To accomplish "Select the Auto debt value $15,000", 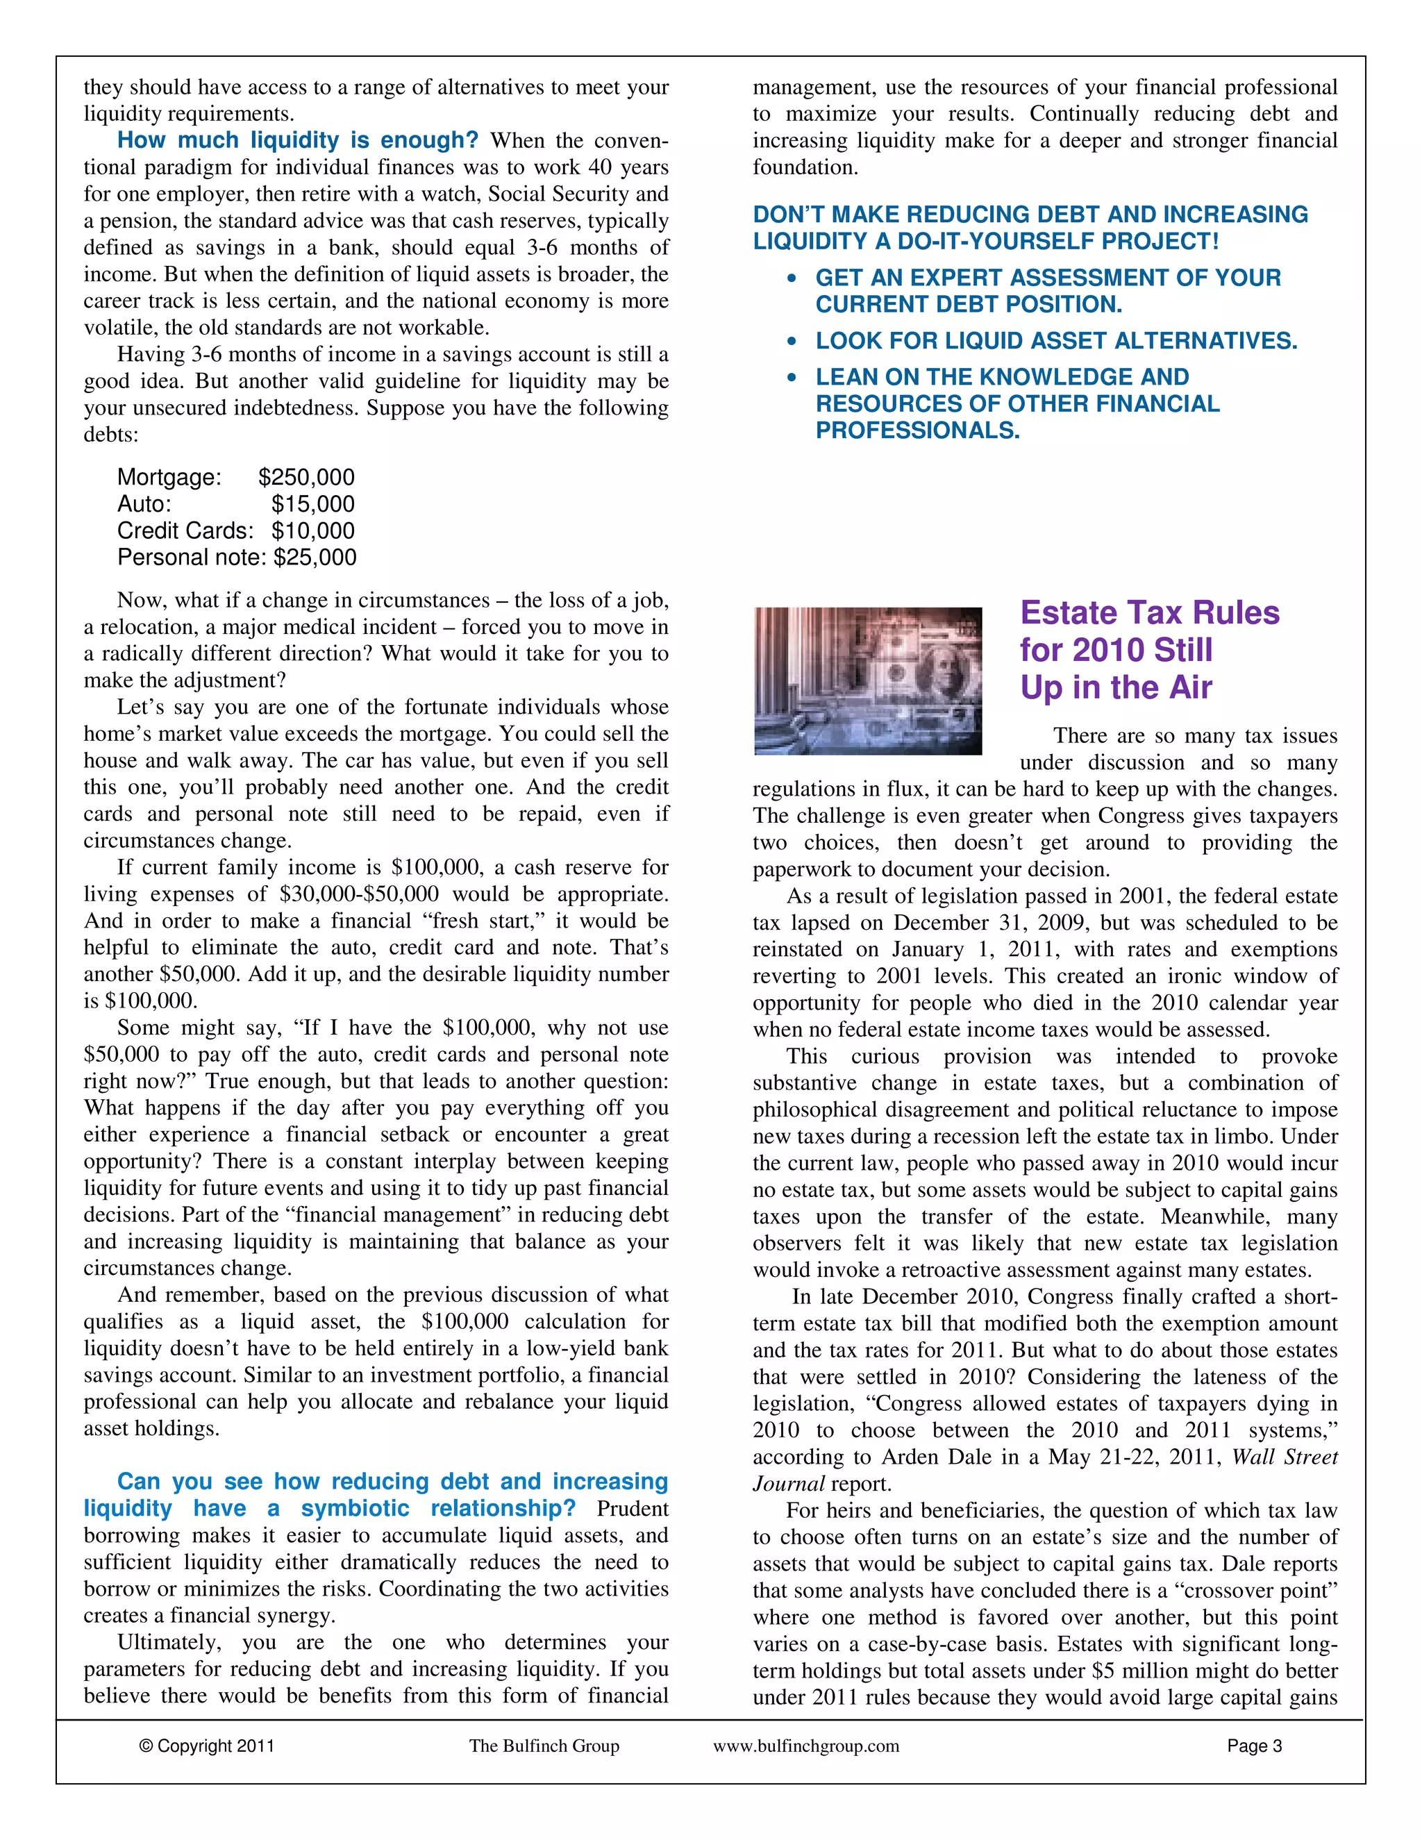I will pos(312,505).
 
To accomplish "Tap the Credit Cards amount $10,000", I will pos(312,530).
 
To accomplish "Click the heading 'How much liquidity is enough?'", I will pos(297,141).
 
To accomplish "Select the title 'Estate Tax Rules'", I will pos(1149,613).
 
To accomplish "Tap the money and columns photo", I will pos(868,680).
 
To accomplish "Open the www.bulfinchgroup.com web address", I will pos(806,1746).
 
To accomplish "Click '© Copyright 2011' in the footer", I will pos(206,1746).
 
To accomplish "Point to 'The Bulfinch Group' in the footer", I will pos(544,1746).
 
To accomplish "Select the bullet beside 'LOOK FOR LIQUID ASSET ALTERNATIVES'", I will pos(791,342).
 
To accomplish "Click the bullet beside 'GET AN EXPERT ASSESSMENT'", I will pos(791,279).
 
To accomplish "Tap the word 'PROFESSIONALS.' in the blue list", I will pos(917,431).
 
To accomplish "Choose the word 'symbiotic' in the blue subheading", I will pos(355,1509).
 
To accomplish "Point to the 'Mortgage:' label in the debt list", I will pos(169,478).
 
